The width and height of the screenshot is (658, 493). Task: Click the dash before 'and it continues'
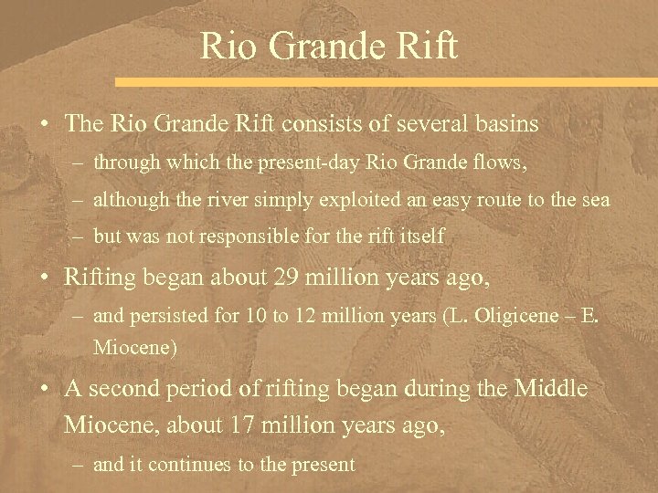point(78,465)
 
